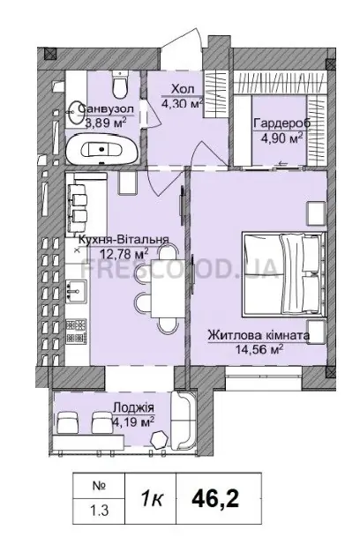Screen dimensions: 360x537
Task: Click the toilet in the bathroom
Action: [120, 84]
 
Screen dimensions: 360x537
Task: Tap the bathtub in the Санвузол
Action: [102, 150]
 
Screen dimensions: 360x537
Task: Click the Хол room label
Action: [183, 89]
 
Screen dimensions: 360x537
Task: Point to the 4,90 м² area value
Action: [281, 138]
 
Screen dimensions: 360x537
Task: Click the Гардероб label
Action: [281, 123]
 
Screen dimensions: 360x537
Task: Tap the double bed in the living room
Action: [283, 274]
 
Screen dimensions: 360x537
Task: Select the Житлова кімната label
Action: [259, 334]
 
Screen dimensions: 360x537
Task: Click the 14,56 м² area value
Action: [259, 349]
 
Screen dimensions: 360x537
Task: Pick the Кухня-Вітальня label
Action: [124, 239]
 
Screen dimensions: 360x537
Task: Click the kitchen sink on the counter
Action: [76, 292]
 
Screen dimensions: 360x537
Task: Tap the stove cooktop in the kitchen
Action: [76, 332]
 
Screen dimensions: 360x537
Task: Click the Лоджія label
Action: [133, 407]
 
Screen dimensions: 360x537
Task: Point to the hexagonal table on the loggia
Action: [160, 439]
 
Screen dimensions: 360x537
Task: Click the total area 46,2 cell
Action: [215, 499]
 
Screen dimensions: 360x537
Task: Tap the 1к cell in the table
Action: [151, 500]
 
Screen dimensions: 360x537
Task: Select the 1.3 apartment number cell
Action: [99, 511]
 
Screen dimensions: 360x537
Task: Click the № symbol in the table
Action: [99, 486]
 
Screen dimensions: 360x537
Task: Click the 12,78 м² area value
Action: [124, 254]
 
